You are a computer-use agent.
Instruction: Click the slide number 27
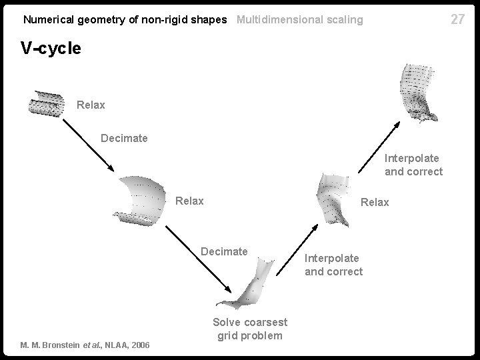(x=457, y=19)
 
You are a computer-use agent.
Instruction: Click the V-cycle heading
(x=51, y=48)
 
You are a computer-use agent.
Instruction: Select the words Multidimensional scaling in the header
(x=300, y=20)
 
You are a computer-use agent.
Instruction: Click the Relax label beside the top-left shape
(x=91, y=105)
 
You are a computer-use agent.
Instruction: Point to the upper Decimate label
(x=124, y=139)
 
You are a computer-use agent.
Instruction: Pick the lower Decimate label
(x=224, y=251)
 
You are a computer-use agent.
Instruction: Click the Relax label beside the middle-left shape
(x=189, y=201)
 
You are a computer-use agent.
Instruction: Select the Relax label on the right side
(x=375, y=202)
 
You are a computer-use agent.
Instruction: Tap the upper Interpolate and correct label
(x=413, y=165)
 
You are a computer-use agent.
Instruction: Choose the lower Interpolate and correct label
(x=333, y=265)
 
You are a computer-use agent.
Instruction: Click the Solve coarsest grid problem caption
(x=249, y=329)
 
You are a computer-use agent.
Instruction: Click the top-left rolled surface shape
(x=46, y=103)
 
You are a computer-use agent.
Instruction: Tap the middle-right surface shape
(x=333, y=198)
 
